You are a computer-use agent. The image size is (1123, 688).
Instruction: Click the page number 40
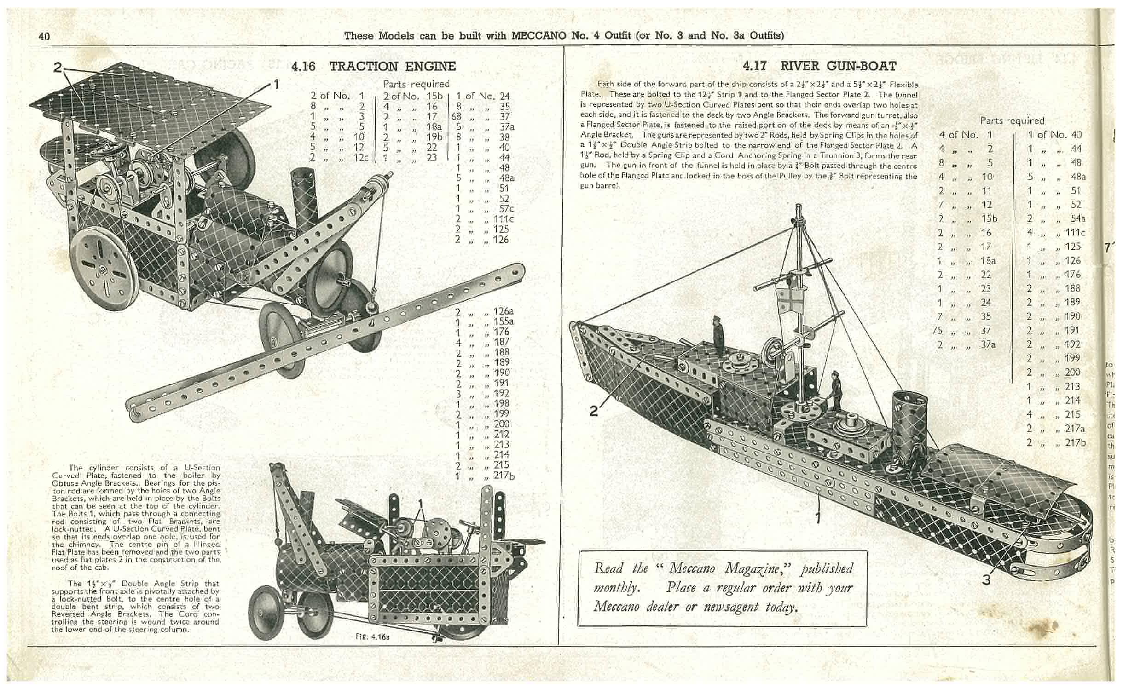pos(44,36)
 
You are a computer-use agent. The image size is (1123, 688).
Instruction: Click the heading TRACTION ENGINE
pos(392,67)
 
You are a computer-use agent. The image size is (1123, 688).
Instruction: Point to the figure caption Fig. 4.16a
pos(370,637)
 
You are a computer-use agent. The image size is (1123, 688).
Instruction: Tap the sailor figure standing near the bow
pos(717,332)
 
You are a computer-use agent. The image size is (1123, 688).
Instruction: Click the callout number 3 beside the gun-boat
pos(986,580)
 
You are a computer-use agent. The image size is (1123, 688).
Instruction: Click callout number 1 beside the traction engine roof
pos(276,85)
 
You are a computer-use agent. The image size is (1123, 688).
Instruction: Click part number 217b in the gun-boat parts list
pos(1075,442)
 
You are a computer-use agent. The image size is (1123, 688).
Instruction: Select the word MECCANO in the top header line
pos(538,35)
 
